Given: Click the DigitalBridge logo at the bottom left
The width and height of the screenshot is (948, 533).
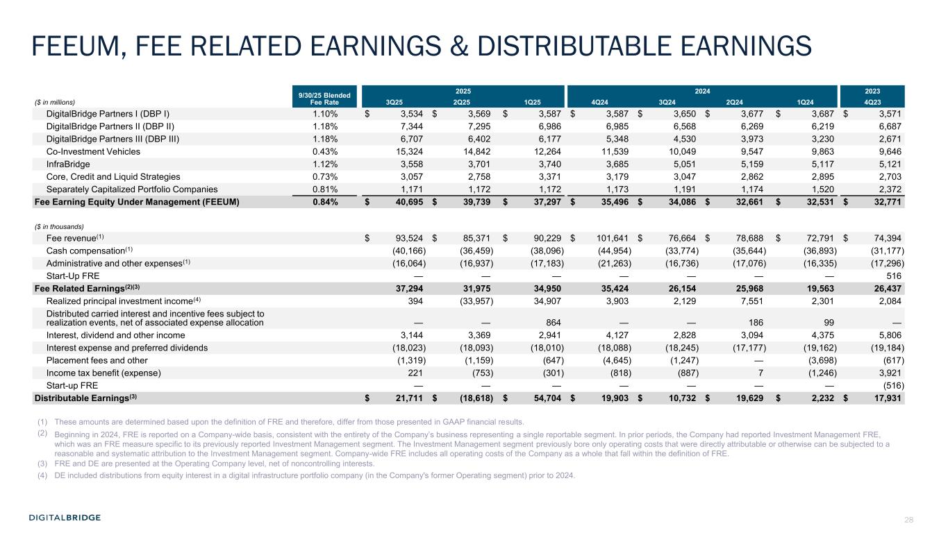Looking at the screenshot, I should tap(65, 517).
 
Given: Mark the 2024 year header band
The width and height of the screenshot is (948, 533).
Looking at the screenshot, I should tap(701, 90).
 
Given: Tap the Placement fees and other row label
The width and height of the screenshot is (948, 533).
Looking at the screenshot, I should tap(97, 361).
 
